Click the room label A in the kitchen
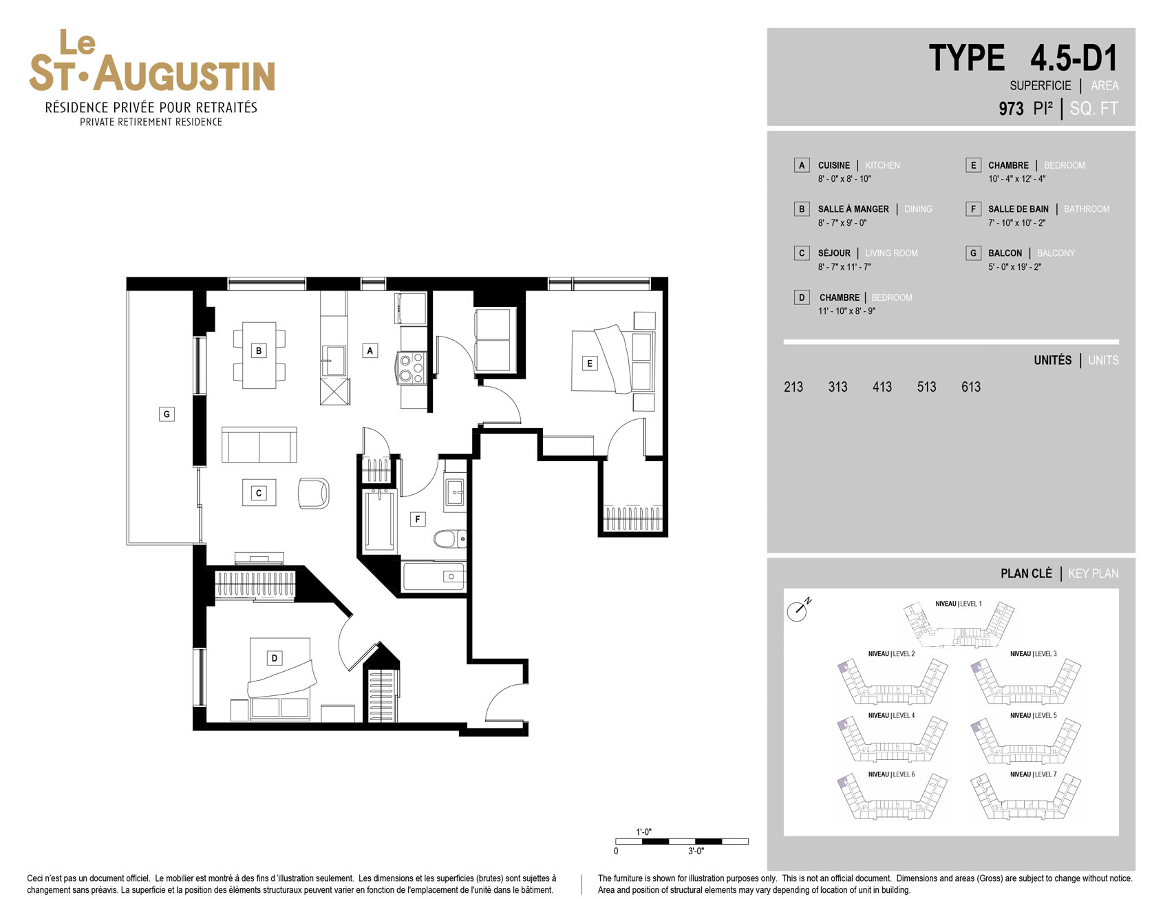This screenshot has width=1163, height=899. [x=370, y=350]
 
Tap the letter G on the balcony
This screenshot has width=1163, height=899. [x=167, y=414]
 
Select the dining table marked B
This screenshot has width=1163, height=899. [x=259, y=355]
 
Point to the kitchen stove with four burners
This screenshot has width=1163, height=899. [x=412, y=367]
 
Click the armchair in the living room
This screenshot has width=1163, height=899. [x=313, y=494]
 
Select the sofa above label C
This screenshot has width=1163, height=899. [x=259, y=445]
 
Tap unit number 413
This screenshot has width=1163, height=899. [x=882, y=387]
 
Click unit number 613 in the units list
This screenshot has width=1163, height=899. [x=971, y=387]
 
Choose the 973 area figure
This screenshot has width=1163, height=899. [x=1011, y=109]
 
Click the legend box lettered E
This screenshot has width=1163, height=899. [x=973, y=165]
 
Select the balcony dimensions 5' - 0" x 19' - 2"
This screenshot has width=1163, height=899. [x=1014, y=267]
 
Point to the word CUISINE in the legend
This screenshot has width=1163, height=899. [x=834, y=165]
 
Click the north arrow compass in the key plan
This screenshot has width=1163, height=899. [x=798, y=610]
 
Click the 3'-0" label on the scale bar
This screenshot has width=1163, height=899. [x=696, y=852]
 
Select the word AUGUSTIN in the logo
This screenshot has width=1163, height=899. [x=184, y=74]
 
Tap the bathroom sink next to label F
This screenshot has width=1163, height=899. [x=454, y=492]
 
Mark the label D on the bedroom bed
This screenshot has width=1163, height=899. [x=274, y=658]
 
